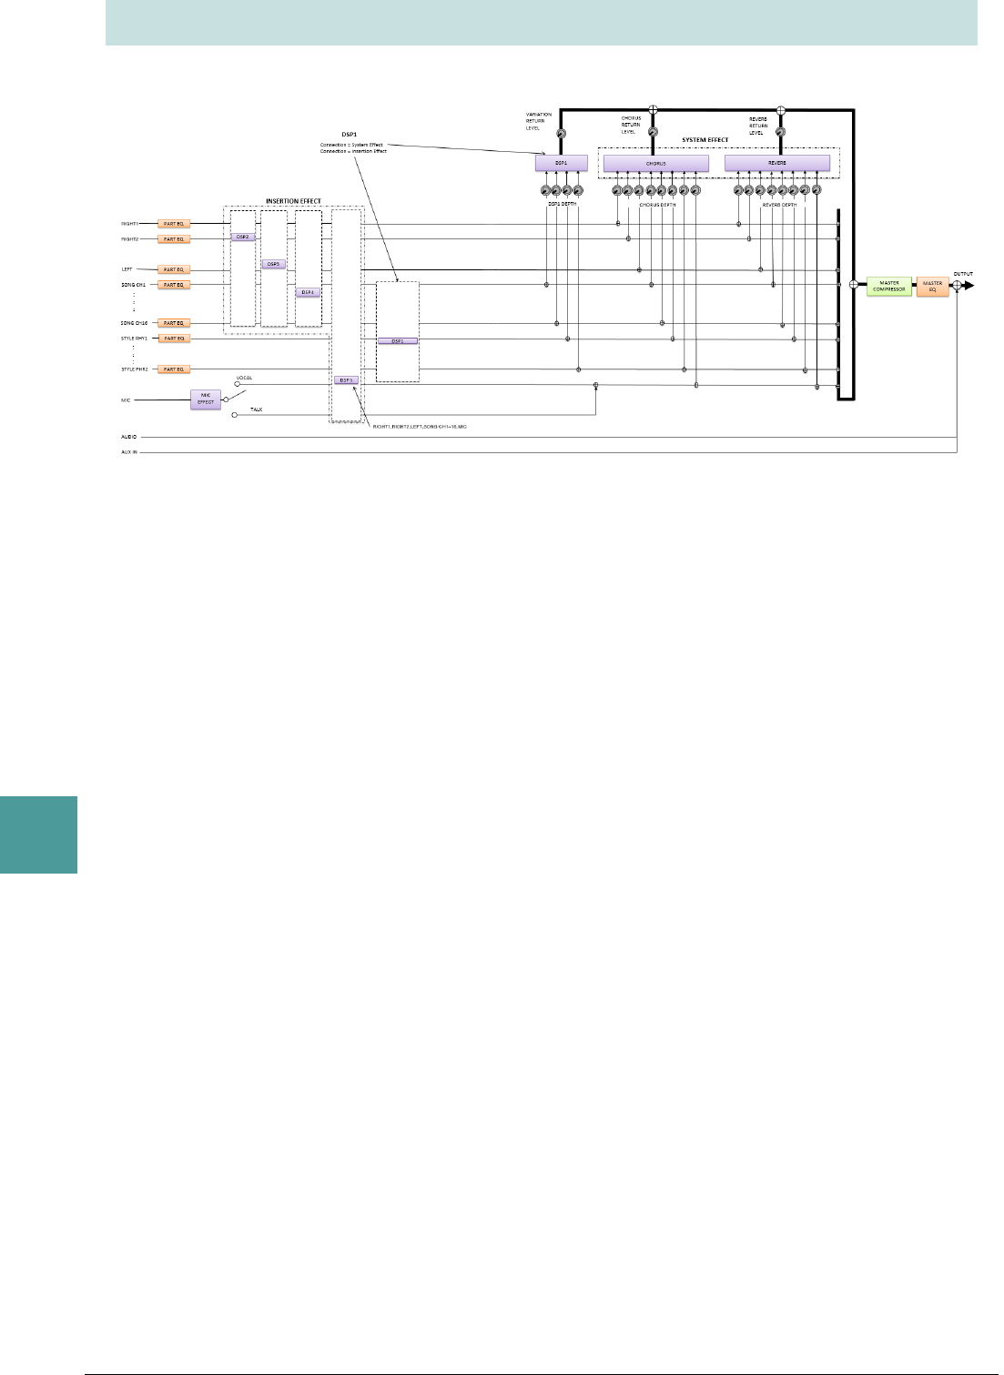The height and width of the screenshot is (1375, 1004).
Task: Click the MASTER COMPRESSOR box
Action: (888, 286)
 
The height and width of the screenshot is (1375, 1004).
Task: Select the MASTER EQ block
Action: (932, 286)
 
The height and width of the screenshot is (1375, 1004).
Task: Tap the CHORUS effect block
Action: (655, 163)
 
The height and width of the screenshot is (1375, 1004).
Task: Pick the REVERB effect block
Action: (777, 163)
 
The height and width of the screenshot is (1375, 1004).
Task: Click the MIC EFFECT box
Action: (206, 399)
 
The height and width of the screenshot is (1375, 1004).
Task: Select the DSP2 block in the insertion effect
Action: (242, 237)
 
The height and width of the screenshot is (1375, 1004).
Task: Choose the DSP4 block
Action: (308, 292)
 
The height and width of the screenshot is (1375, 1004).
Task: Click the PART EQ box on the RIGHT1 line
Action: (173, 223)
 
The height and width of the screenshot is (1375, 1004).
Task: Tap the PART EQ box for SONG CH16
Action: (173, 323)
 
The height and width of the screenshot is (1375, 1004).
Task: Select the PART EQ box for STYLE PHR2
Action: (173, 369)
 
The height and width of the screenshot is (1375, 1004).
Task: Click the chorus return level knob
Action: (653, 132)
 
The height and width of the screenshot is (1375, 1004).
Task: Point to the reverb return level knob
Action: (780, 132)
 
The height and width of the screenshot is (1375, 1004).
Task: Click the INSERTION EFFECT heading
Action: (293, 201)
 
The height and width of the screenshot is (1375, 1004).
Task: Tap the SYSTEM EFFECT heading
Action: (705, 140)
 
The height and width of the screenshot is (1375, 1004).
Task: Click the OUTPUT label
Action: (962, 274)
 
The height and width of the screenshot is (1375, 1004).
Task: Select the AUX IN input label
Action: (129, 451)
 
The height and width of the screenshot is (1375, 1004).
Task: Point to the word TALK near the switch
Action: (257, 409)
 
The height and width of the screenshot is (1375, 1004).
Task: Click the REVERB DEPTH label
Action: (779, 205)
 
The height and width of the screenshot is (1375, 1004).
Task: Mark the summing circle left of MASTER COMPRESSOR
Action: (853, 285)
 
